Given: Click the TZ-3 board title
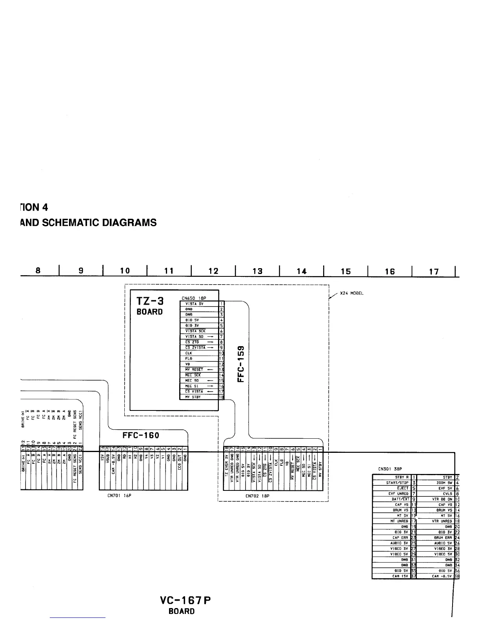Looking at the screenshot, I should pyautogui.click(x=150, y=301).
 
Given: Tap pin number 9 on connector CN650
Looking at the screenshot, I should pyautogui.click(x=222, y=347).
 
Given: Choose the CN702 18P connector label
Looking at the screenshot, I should pyautogui.click(x=256, y=496).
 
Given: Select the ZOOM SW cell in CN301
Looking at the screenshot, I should pyautogui.click(x=444, y=483).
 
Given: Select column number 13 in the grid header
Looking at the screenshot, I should pyautogui.click(x=257, y=271).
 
